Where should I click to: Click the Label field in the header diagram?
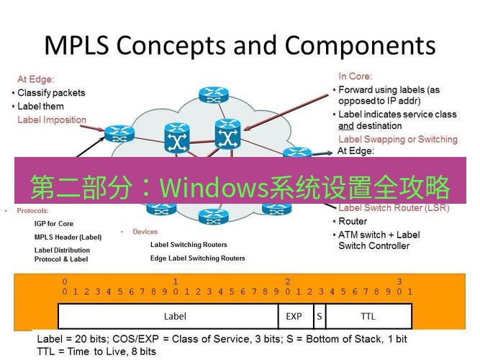tap(175, 316)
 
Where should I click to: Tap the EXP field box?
tap(294, 316)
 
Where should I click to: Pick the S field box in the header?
tap(318, 316)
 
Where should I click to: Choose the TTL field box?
tap(368, 316)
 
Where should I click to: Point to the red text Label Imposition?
tap(52, 120)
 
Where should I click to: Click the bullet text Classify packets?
tap(51, 93)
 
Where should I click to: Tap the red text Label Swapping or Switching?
tap(397, 139)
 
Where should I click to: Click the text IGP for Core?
tap(54, 224)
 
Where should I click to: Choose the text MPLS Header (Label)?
tap(68, 237)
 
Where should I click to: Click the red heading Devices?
tap(145, 232)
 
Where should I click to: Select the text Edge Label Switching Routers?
tap(197, 258)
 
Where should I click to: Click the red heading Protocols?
tap(32, 211)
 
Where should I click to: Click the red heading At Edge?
tap(36, 79)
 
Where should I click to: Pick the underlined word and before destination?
tap(345, 126)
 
